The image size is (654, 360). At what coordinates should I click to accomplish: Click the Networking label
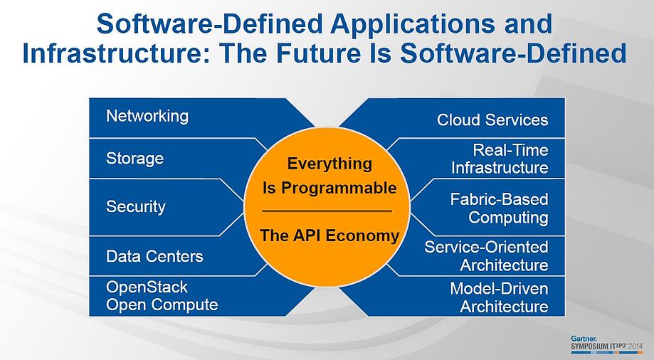(x=147, y=117)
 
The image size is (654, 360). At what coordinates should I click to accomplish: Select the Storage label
(x=135, y=159)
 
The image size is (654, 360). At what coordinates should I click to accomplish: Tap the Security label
(x=135, y=207)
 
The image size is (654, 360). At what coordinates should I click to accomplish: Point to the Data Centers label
(x=154, y=256)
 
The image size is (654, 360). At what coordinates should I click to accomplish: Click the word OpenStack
(x=147, y=287)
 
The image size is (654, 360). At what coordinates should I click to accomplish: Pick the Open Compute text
(x=162, y=305)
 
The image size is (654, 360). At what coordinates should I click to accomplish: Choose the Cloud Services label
(x=492, y=120)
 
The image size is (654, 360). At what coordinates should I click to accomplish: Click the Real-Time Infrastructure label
(x=500, y=159)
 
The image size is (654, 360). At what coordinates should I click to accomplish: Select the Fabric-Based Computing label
(x=500, y=208)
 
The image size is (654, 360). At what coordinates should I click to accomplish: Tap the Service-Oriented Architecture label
(x=486, y=256)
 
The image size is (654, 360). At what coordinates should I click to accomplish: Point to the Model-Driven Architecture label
(x=500, y=298)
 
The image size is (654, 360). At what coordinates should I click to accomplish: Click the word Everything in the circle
(x=329, y=164)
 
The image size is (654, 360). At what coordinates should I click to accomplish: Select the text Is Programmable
(x=329, y=188)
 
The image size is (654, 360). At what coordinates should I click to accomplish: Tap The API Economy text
(x=329, y=236)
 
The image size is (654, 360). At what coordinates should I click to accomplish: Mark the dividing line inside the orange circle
(x=327, y=211)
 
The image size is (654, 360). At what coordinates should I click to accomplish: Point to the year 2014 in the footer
(x=635, y=346)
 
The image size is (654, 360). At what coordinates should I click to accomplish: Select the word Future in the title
(x=319, y=53)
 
